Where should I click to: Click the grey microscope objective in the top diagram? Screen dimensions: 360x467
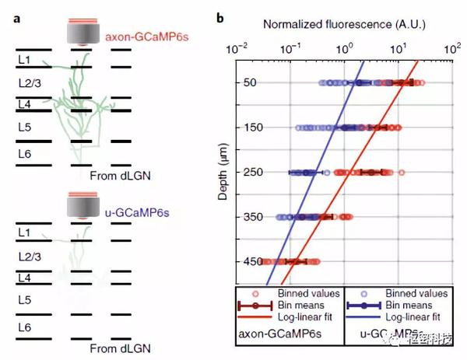coord(83,33)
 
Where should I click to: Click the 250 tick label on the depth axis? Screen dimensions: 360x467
coord(248,172)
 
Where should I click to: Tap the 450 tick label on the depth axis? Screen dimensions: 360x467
coord(248,262)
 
